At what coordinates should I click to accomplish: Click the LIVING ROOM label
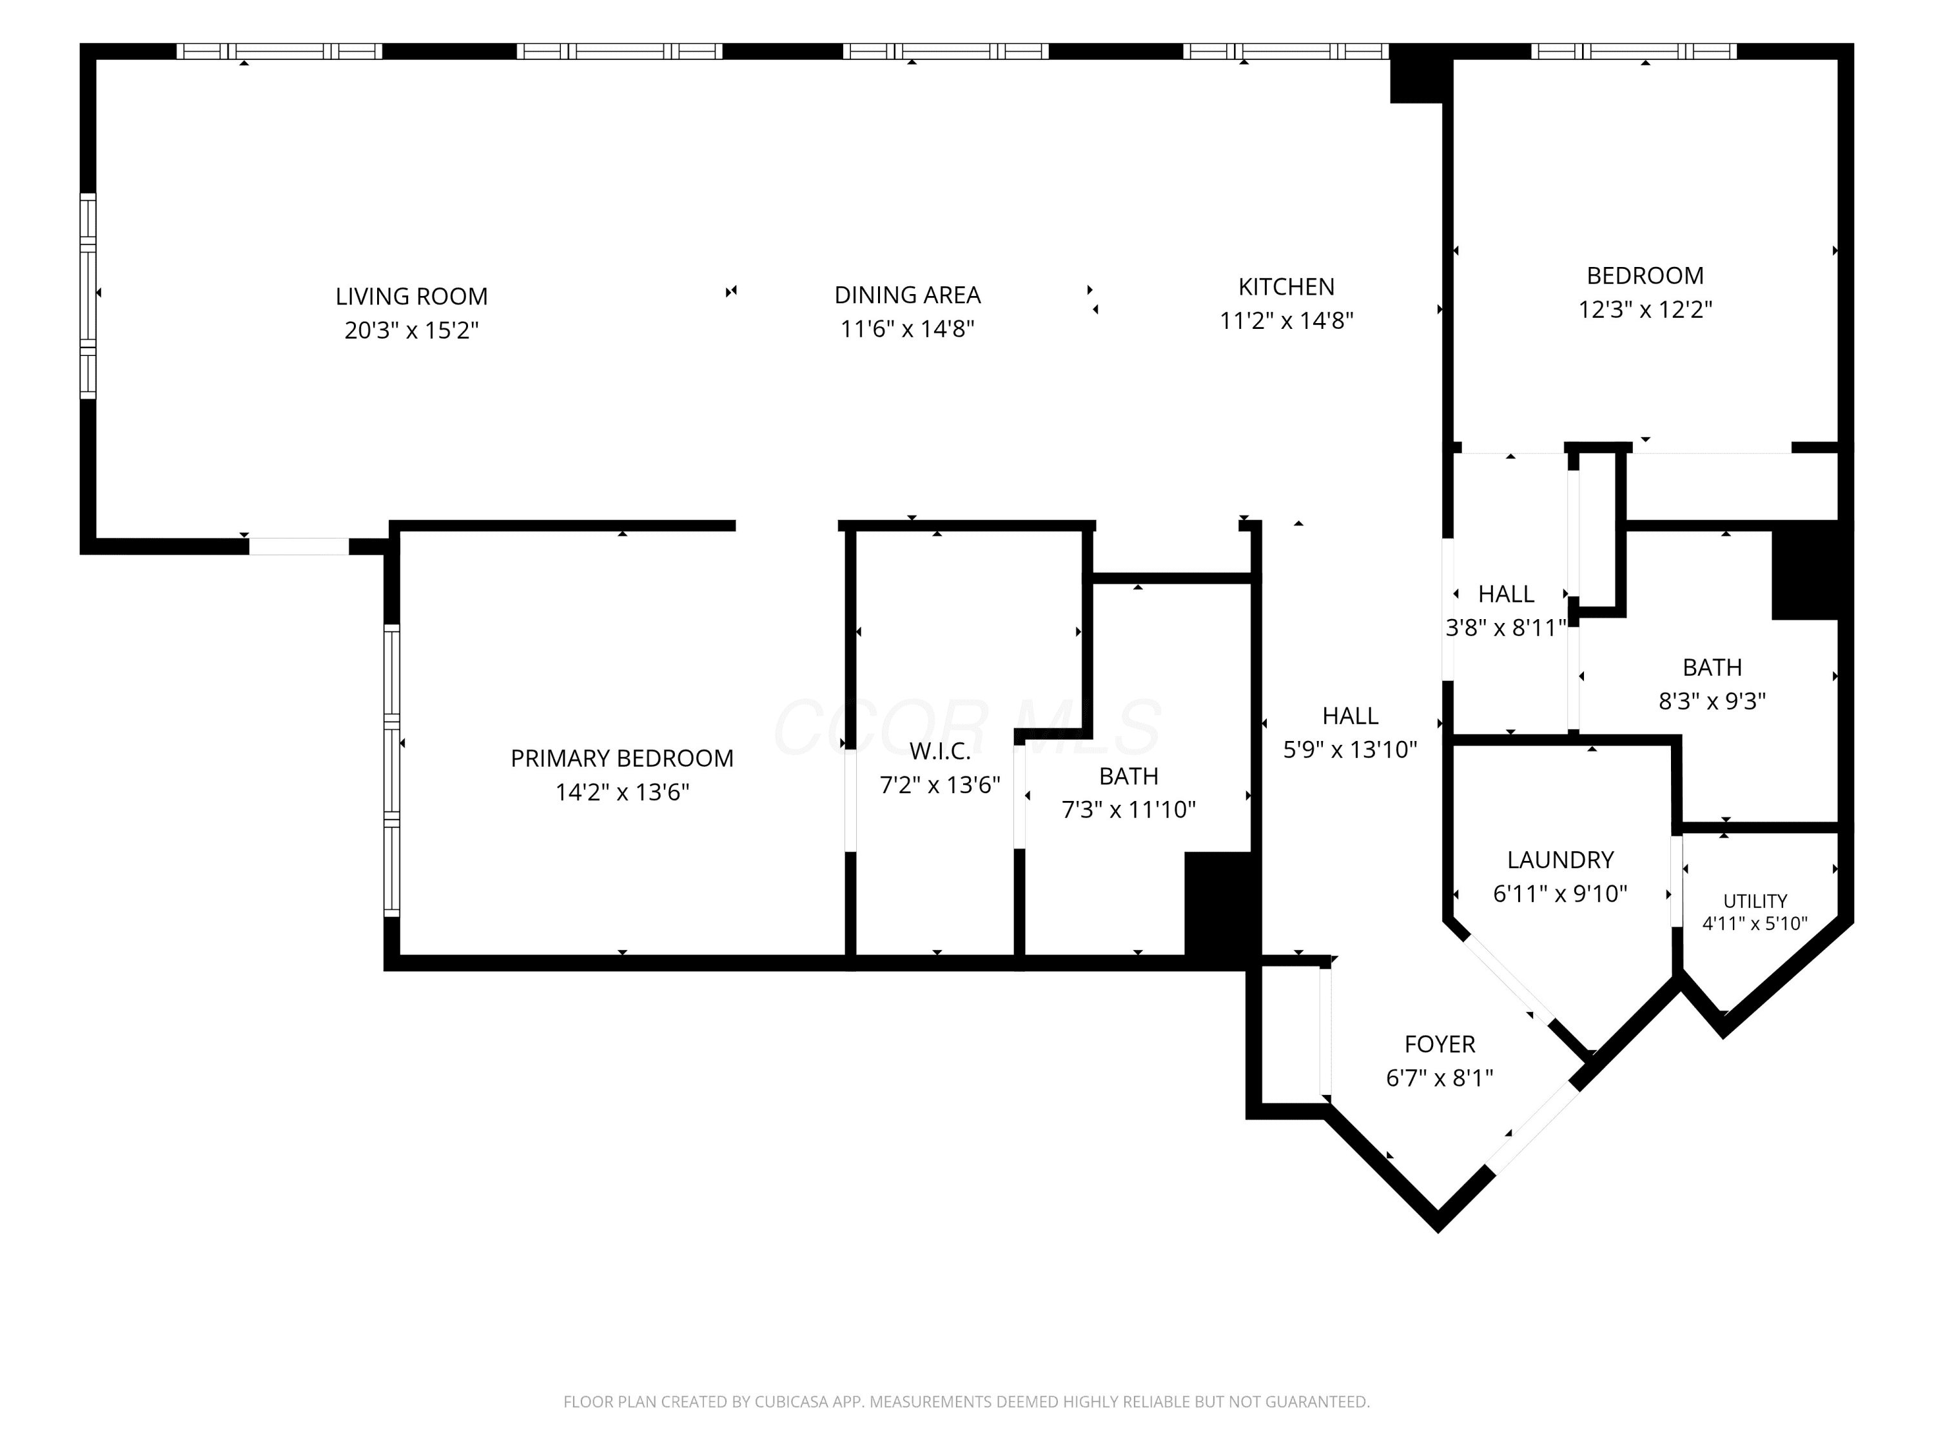(412, 297)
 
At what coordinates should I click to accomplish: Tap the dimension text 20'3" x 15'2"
(412, 331)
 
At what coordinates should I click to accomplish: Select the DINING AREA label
(908, 295)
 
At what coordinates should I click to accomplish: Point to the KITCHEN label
(1286, 287)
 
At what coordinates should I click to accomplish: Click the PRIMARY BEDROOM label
(621, 758)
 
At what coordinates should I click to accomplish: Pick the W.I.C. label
(940, 751)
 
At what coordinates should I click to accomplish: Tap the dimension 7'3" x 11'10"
(1129, 810)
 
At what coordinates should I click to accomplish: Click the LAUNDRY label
(1561, 860)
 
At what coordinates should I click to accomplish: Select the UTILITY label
(1755, 901)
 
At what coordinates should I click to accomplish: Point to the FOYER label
(1440, 1044)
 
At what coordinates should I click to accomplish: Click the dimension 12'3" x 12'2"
(1645, 310)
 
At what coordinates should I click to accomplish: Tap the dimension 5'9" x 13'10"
(1350, 749)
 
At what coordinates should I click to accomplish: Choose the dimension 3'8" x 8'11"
(1505, 628)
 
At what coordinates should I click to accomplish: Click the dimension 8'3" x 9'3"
(1712, 702)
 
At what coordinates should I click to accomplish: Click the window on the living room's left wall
(88, 295)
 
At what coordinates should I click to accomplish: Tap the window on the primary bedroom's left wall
(392, 771)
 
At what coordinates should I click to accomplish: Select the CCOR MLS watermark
(967, 727)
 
